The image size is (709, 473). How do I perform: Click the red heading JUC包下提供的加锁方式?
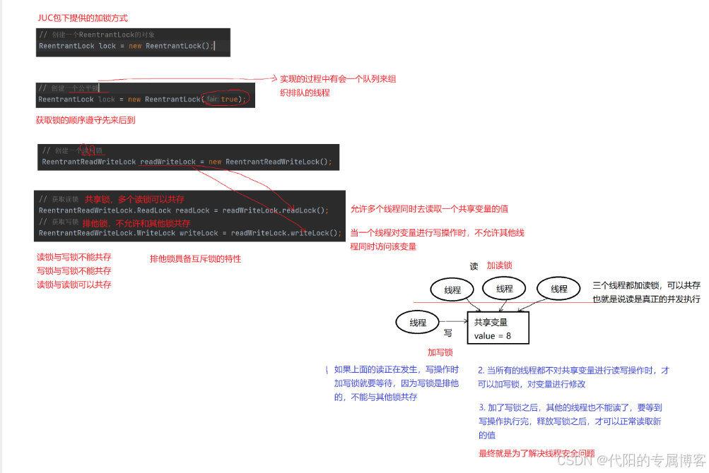pos(82,17)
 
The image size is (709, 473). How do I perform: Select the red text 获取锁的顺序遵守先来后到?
pos(86,121)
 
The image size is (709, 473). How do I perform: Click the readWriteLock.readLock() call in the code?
pos(305,210)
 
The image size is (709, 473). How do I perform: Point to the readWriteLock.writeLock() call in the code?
pos(306,233)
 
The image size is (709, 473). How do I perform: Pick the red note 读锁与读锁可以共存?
pos(74,285)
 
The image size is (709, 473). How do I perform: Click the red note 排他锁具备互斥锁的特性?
pos(195,259)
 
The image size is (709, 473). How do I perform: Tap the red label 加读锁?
pos(499,265)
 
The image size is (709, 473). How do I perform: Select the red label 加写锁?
pos(440,352)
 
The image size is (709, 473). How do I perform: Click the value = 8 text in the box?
pos(493,336)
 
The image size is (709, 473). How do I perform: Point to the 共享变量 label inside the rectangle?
pos(491,322)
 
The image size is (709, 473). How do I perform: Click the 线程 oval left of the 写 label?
pos(418,323)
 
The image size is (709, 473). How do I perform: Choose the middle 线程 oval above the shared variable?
pos(504,289)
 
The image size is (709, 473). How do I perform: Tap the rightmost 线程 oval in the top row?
pos(559,289)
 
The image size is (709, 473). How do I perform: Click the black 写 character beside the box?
pos(447,333)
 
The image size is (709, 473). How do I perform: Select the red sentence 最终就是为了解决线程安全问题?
pos(537,453)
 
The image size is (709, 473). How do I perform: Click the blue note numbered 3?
pos(570,421)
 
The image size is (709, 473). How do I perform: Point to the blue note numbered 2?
pos(573,377)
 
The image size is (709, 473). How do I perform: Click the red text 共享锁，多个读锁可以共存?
pos(134,200)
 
